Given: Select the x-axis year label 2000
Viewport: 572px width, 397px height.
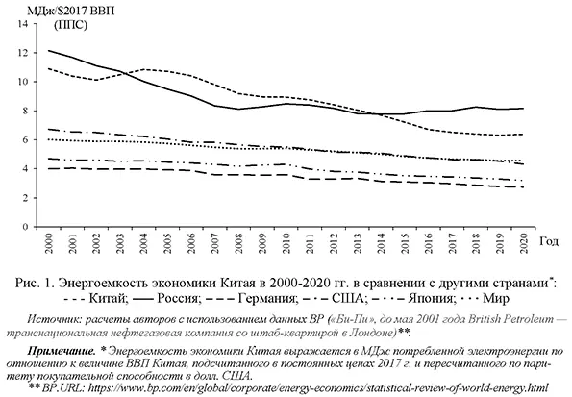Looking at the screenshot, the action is click(x=49, y=243).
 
